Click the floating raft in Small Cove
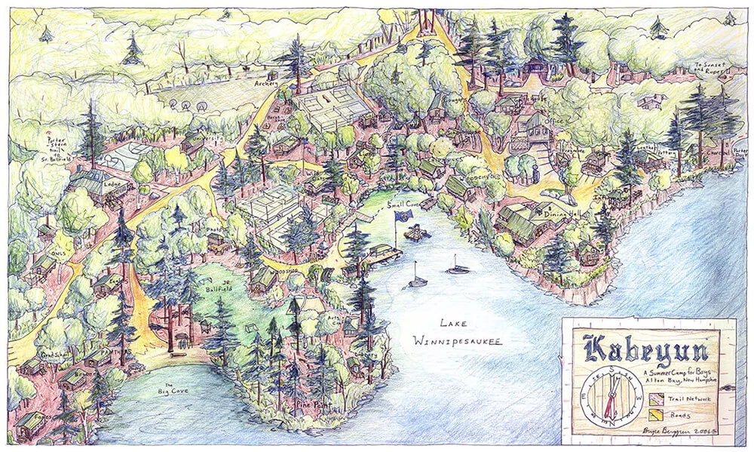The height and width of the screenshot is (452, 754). click(x=415, y=234)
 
